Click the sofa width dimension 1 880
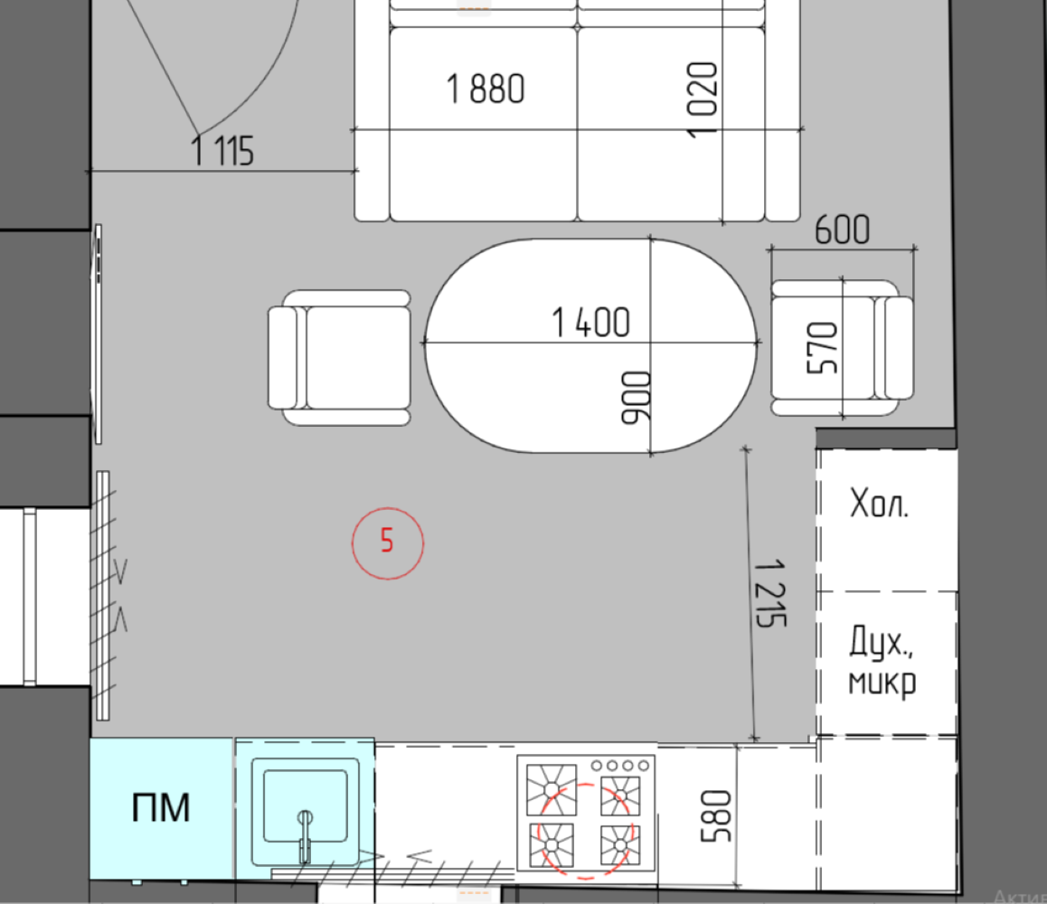pyautogui.click(x=486, y=89)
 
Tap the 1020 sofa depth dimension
pyautogui.click(x=703, y=99)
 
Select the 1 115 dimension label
pyautogui.click(x=222, y=150)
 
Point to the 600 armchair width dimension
pyautogui.click(x=842, y=230)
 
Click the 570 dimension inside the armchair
pyautogui.click(x=822, y=348)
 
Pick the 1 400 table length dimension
pyautogui.click(x=591, y=323)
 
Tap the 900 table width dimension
pyautogui.click(x=635, y=398)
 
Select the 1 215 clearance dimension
pyautogui.click(x=770, y=593)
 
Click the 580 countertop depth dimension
pyautogui.click(x=716, y=816)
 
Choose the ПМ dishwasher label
pyautogui.click(x=161, y=807)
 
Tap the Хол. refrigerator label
pyautogui.click(x=879, y=504)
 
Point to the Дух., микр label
pyautogui.click(x=882, y=662)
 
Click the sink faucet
pyautogui.click(x=305, y=837)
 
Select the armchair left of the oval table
pyautogui.click(x=339, y=358)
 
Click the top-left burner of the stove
pyautogui.click(x=552, y=790)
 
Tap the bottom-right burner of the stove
pyautogui.click(x=619, y=846)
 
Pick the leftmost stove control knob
pyautogui.click(x=596, y=766)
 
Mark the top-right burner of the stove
pyautogui.click(x=619, y=796)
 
